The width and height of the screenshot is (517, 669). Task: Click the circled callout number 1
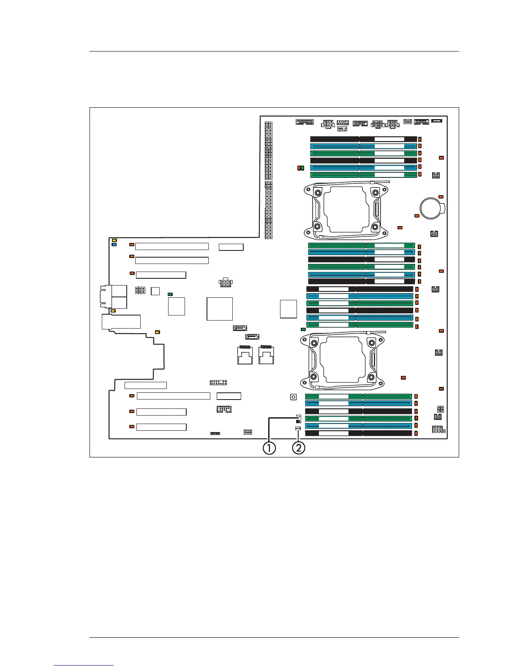coord(269,448)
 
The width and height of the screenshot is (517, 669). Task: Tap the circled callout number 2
coord(298,448)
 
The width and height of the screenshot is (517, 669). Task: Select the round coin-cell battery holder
coord(433,208)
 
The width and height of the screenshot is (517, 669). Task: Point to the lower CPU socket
coord(343,360)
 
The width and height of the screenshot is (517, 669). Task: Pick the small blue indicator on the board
coord(114,245)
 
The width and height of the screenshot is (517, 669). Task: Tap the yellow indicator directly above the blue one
coord(114,240)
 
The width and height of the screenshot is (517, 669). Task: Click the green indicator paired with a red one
coord(302,168)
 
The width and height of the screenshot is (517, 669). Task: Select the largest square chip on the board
coord(220,309)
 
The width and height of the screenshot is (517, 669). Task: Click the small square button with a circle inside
coord(294,397)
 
